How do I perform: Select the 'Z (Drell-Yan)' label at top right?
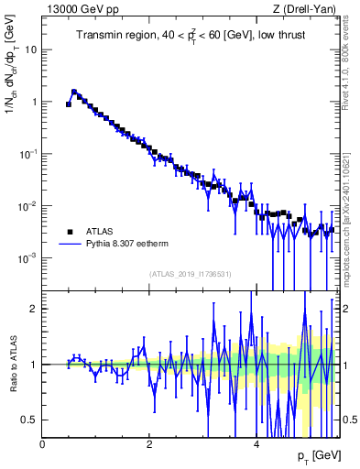[x=304, y=9]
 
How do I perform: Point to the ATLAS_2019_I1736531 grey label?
[x=191, y=274]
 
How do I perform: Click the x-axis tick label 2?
[x=149, y=443]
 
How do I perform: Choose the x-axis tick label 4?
[x=256, y=443]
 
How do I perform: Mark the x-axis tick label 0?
[x=43, y=443]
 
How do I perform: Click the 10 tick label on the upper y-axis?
[x=30, y=49]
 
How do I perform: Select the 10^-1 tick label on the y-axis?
[x=27, y=154]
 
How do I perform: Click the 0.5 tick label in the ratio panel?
[x=29, y=420]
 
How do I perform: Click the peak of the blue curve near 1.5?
[x=74, y=92]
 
